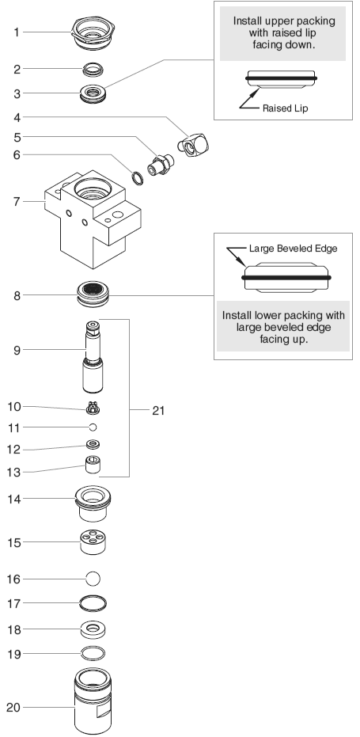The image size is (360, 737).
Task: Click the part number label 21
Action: [x=158, y=410]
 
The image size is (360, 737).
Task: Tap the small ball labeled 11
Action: [x=93, y=427]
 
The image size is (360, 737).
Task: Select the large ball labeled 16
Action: [x=93, y=579]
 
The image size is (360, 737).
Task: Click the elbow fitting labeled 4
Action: [x=194, y=144]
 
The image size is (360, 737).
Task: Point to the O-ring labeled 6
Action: [x=137, y=178]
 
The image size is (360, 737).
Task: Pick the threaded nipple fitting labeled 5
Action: [x=161, y=165]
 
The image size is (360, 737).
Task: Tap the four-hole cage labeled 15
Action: [x=93, y=542]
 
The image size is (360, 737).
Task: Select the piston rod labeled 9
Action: [x=93, y=357]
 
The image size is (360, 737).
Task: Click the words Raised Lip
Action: [x=286, y=108]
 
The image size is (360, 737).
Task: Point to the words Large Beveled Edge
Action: [x=294, y=249]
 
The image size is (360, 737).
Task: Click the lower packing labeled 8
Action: [x=93, y=294]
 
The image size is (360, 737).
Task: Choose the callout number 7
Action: [x=17, y=202]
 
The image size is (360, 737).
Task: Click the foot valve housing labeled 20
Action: [x=93, y=701]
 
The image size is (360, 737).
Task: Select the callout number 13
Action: [x=14, y=472]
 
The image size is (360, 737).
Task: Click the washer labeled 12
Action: [x=93, y=444]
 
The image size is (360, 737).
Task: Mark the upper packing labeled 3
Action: [x=93, y=93]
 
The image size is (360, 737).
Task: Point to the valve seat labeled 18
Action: [x=93, y=630]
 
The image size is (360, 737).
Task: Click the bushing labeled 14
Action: [x=93, y=503]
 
